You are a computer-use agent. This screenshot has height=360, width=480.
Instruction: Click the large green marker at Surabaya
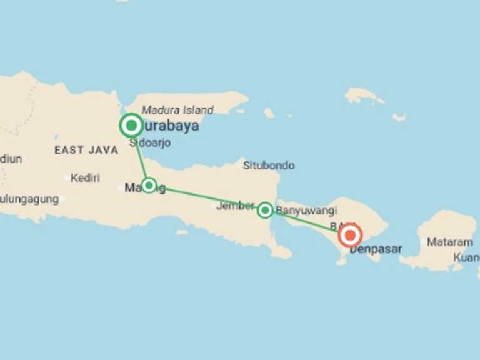pos(131,126)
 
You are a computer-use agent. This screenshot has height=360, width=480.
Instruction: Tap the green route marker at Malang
pos(149,185)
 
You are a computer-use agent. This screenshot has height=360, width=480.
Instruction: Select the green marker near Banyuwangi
pos(265,210)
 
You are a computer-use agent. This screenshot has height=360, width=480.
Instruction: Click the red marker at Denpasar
pos(350,236)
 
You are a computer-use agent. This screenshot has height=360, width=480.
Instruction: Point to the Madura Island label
pos(177,110)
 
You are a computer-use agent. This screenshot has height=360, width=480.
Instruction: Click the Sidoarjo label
pos(150,143)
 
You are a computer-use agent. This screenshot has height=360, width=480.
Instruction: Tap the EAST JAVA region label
pos(86,150)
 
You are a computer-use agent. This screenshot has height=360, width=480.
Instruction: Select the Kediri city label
pos(85,178)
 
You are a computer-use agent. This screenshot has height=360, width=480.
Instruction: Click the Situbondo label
pos(269,166)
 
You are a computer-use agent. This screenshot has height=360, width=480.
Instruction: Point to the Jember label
pos(234,206)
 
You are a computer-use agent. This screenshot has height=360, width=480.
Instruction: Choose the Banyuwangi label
pos(306,211)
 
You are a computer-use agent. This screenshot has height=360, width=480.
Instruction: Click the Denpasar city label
pos(376,249)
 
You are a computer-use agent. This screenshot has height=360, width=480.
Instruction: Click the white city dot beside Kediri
pos(67,178)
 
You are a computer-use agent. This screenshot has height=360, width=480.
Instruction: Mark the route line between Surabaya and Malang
pos(140,156)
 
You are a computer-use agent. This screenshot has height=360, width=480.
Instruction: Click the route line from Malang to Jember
pos(206,197)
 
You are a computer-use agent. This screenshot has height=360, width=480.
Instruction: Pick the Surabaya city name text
pos(170,126)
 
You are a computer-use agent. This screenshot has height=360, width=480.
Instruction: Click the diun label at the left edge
pos(11,159)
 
